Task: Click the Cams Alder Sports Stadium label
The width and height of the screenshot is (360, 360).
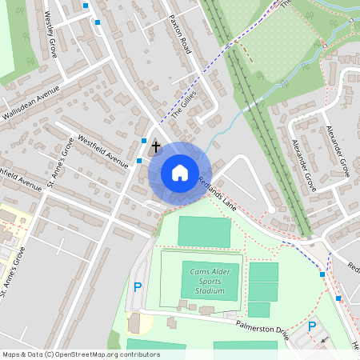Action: (x=210, y=281)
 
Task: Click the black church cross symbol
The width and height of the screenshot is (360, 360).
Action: (x=155, y=147)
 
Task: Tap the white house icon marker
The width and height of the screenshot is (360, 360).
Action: (x=180, y=173)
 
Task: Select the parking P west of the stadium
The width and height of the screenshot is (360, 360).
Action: (x=138, y=286)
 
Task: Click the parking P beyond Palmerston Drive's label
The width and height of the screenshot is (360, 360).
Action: (x=312, y=326)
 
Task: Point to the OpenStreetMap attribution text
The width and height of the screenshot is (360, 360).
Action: (x=69, y=354)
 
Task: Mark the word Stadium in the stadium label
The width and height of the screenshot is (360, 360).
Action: (x=210, y=290)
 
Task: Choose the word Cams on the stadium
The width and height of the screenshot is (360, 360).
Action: (x=199, y=272)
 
